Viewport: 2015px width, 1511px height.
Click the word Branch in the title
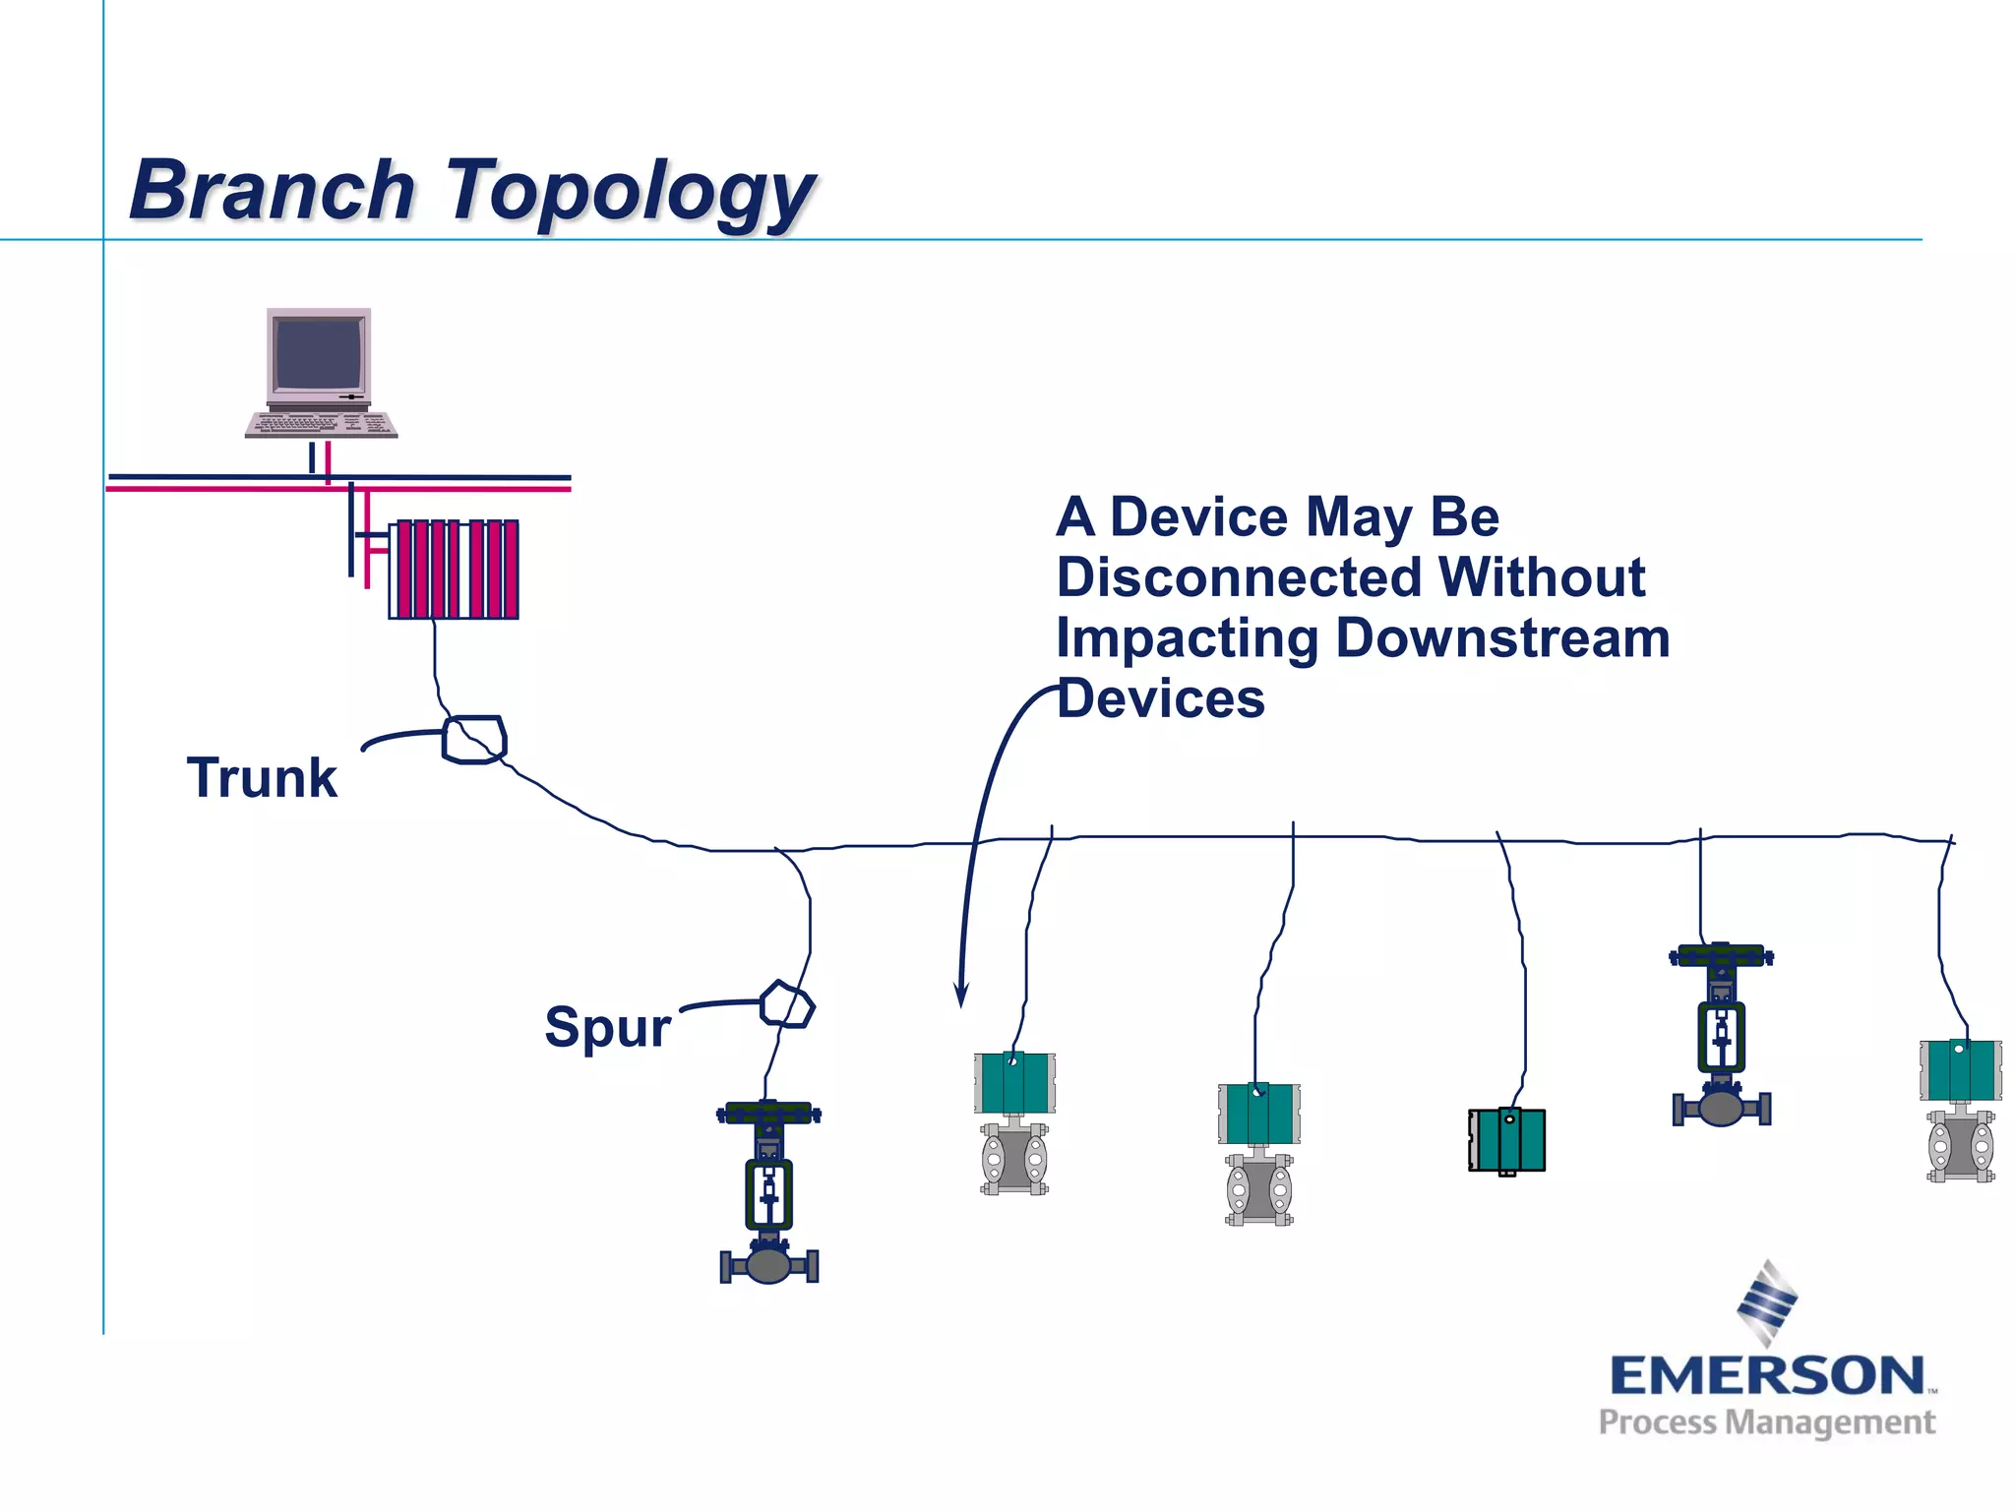point(273,190)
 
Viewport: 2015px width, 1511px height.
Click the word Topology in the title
point(630,192)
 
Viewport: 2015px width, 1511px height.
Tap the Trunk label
point(262,778)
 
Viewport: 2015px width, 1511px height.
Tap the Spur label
point(607,1027)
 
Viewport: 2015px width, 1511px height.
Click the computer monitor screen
point(319,354)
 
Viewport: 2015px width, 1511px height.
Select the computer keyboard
point(321,425)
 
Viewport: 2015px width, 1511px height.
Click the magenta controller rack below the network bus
point(454,570)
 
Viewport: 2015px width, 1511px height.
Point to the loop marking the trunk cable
point(474,740)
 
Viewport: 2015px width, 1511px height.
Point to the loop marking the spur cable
point(787,1005)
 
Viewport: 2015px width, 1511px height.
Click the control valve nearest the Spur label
point(768,1192)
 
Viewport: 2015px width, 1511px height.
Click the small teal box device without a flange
point(1506,1140)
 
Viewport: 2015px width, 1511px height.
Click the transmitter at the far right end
point(1960,1110)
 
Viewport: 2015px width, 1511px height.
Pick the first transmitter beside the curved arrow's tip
point(1014,1122)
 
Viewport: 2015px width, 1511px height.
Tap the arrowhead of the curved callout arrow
point(961,996)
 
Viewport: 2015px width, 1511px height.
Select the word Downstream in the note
point(1502,638)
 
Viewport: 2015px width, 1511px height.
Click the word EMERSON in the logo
point(1766,1375)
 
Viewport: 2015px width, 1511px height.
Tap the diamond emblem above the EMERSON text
point(1767,1301)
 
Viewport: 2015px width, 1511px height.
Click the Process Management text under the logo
point(1766,1422)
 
